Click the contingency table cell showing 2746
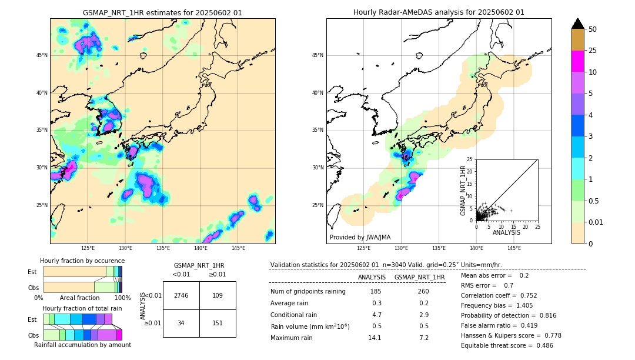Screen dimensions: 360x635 click(181, 295)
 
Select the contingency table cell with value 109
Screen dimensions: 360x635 click(218, 295)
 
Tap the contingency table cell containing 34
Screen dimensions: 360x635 click(181, 323)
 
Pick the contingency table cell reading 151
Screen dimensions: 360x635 click(218, 323)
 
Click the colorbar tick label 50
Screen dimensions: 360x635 click(593, 29)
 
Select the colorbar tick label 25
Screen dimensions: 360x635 click(593, 51)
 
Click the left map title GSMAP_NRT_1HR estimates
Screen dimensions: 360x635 click(162, 12)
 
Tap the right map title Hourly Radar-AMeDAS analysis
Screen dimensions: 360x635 click(439, 12)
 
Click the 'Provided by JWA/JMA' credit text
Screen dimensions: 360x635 click(360, 238)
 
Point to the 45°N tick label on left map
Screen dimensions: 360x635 click(42, 55)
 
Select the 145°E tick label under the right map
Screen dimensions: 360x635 click(514, 248)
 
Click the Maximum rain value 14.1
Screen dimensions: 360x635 click(375, 338)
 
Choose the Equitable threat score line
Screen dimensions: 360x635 click(507, 345)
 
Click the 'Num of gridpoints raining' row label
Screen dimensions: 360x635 click(308, 292)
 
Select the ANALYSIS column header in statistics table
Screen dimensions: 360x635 click(372, 277)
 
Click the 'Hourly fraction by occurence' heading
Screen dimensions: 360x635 click(82, 261)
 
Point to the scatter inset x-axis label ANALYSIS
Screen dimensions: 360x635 click(506, 232)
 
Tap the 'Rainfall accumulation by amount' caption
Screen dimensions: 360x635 click(82, 345)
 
